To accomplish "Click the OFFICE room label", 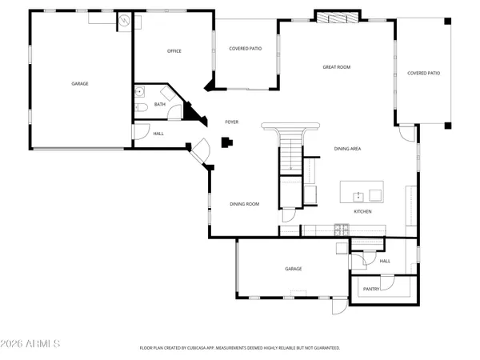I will [174, 51].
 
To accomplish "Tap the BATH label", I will [160, 104].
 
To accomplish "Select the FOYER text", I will [231, 122].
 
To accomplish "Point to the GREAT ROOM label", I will [336, 67].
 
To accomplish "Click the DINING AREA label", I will [347, 149].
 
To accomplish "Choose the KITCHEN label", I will [363, 211].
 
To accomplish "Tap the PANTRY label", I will [371, 289].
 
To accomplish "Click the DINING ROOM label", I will [245, 204].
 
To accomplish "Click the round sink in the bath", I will [139, 91].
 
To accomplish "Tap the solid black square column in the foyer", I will [226, 143].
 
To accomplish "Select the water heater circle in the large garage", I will [124, 21].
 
